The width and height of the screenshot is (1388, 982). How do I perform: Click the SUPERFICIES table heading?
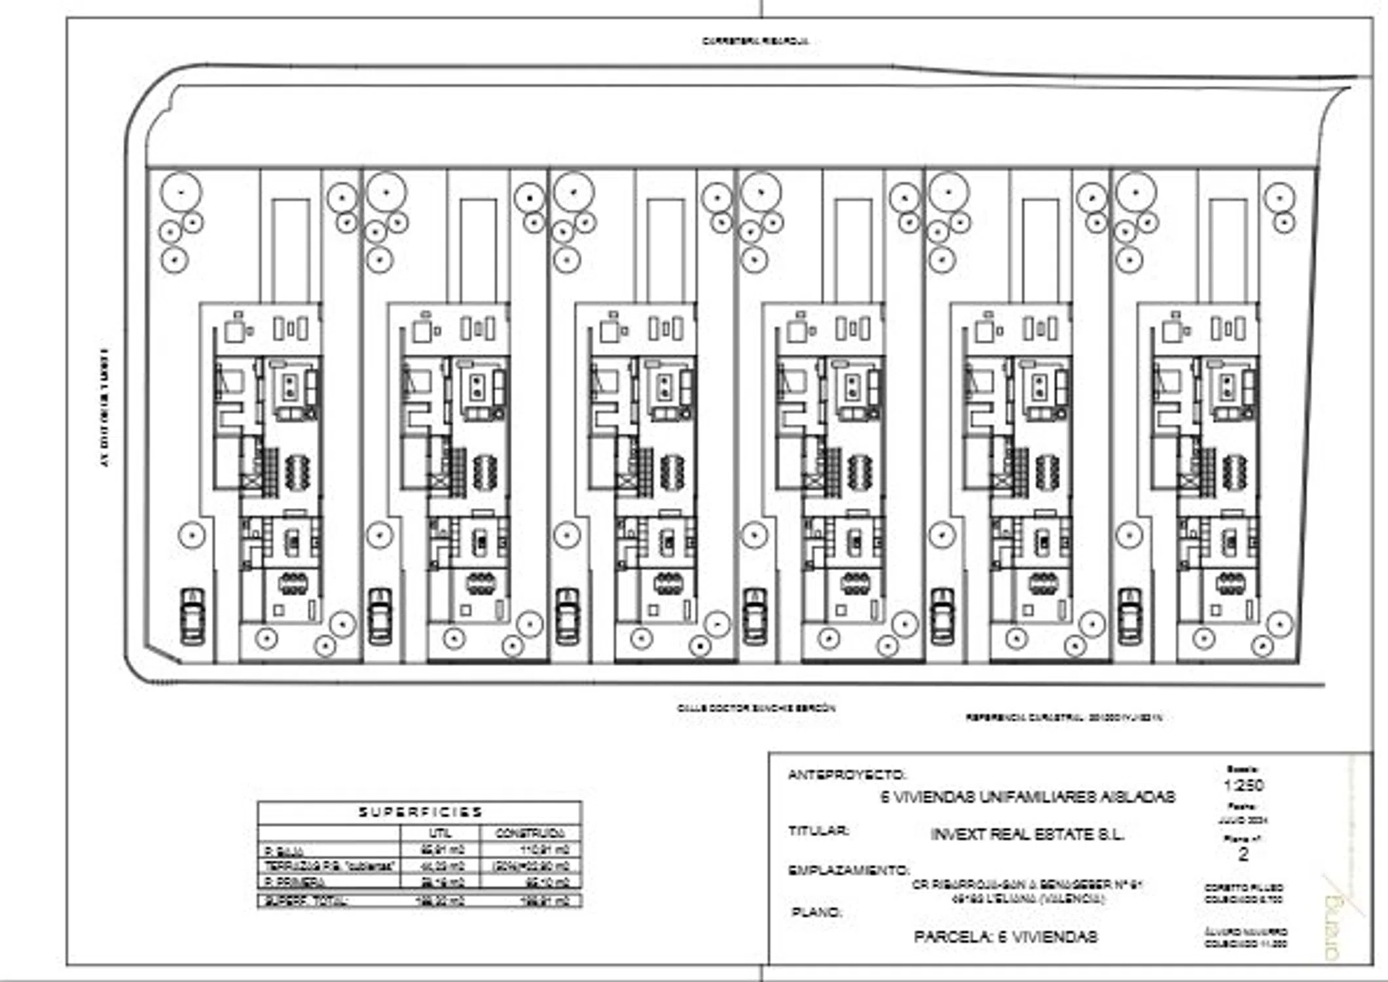(420, 812)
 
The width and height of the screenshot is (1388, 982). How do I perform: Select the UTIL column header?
(440, 833)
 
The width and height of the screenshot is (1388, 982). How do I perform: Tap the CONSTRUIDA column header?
(530, 833)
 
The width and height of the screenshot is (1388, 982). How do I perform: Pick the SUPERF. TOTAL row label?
(306, 901)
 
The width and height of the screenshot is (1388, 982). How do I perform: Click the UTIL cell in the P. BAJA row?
(441, 850)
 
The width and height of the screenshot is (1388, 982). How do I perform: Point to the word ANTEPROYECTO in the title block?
(847, 775)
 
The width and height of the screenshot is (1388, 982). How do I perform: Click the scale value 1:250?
(1243, 785)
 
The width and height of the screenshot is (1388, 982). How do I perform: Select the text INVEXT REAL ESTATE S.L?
(1027, 835)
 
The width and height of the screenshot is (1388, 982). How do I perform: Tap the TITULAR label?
(818, 831)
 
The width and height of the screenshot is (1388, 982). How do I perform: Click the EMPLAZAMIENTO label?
(849, 871)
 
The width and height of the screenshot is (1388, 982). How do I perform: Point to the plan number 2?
(1243, 854)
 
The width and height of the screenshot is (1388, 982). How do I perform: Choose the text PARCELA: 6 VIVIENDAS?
(1005, 937)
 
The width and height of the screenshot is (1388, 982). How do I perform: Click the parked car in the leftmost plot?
(192, 616)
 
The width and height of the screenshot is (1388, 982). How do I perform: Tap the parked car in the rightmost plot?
(1129, 616)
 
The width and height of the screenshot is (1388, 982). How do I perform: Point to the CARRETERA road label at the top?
(755, 41)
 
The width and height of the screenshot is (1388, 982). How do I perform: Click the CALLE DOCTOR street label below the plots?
(756, 708)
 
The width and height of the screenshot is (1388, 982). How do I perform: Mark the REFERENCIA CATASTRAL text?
(1063, 718)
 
